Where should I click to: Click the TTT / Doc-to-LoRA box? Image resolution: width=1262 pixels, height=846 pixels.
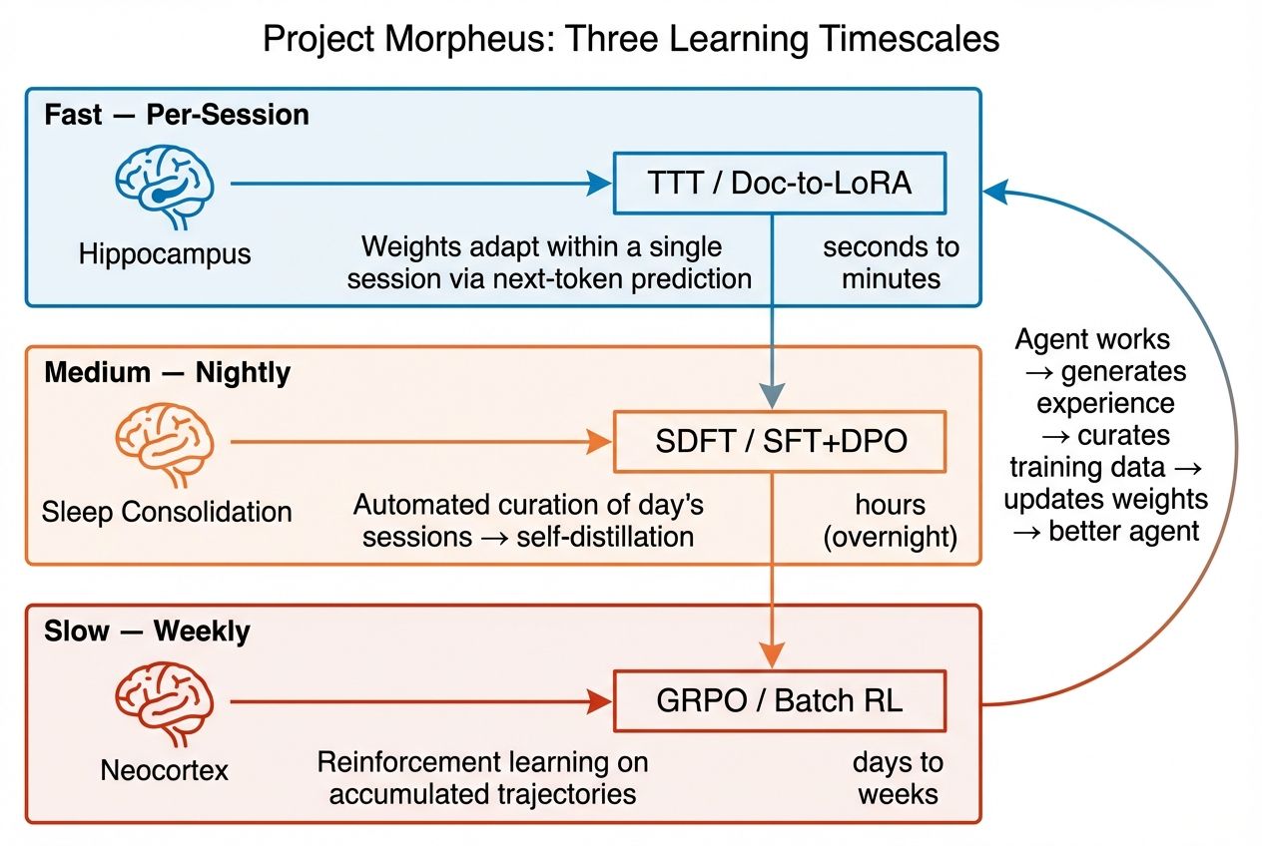pos(780,184)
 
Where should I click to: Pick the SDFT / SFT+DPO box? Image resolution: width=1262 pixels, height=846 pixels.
pos(780,441)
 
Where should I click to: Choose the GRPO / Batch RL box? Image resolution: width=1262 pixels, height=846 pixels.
pos(780,700)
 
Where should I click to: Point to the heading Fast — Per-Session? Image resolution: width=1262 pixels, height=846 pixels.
pos(177,115)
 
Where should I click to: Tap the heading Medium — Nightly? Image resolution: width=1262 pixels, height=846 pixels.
pos(168,373)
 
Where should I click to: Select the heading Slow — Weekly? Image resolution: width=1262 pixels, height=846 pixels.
pos(147,632)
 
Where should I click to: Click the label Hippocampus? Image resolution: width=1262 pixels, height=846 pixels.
pos(165,253)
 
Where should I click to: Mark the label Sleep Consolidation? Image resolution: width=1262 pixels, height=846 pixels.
pos(167,513)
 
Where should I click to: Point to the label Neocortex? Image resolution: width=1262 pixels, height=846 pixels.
pos(165,770)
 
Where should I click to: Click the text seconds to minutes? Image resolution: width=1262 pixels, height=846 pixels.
pos(892,262)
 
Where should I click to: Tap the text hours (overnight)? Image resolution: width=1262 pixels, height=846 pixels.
pos(890,521)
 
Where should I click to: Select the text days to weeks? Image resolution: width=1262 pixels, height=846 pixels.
pos(897,778)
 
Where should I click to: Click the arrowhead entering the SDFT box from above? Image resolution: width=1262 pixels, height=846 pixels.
pos(774,397)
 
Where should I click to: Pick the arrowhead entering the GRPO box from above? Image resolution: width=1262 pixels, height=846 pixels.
pos(774,655)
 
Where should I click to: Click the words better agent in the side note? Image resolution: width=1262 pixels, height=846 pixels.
pos(1123,531)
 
